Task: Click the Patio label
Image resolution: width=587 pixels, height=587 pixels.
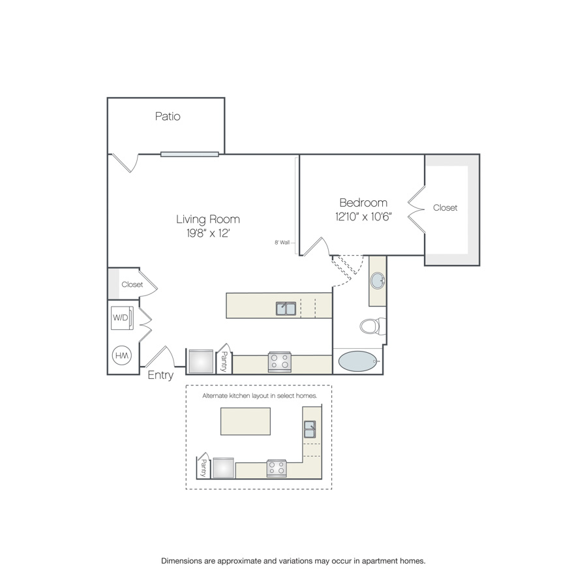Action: coord(168,117)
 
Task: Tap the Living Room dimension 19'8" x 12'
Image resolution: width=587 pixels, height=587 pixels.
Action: coord(208,233)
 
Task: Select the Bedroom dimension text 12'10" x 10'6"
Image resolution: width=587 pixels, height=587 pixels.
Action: coord(363,217)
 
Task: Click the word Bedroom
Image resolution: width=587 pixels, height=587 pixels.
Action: coord(363,203)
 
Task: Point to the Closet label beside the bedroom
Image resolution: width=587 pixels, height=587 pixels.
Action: coord(445,208)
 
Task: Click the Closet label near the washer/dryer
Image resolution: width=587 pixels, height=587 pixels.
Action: coord(132,284)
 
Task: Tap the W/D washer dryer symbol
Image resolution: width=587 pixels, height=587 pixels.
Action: coord(122,318)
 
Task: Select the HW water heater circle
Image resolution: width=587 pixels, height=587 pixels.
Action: coord(122,355)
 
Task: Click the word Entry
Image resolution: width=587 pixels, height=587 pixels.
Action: coord(160,375)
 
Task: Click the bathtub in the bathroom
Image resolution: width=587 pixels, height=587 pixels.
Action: coord(357,361)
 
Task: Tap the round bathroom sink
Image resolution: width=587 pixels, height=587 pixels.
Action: coord(378,280)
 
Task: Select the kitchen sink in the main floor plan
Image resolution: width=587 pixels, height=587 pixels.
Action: coord(286,309)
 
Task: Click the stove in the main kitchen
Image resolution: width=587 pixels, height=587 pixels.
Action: coord(280,361)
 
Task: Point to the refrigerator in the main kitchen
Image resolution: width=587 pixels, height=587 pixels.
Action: coord(201,361)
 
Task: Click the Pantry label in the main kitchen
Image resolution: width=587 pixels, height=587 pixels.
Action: coord(224,361)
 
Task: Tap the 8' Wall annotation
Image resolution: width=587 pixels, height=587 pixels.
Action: coord(282,243)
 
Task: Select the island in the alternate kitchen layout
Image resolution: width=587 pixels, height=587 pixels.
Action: coord(245,421)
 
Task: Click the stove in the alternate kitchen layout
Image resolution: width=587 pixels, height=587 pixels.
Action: coord(277,468)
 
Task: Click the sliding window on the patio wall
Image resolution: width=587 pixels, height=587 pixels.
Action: coord(190,154)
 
